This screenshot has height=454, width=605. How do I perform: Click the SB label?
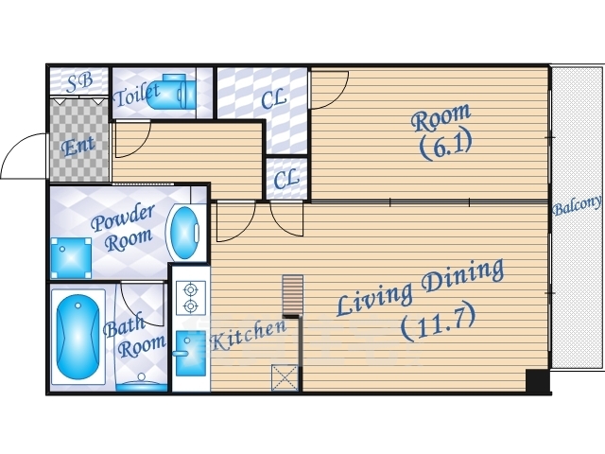79,82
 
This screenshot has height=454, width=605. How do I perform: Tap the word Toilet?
136,94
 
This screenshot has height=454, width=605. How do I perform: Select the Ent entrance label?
78,146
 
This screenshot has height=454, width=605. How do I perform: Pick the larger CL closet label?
273,98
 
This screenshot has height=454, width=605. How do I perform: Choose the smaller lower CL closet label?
285,179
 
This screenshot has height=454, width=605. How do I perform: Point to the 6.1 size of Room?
445,147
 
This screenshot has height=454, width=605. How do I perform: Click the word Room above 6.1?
441,117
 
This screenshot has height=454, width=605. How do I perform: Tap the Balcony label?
577,205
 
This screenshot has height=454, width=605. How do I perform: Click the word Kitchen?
249,335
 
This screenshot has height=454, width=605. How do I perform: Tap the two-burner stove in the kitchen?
191,298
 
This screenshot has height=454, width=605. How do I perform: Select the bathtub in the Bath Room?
78,337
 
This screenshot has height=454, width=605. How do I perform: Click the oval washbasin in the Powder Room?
184,234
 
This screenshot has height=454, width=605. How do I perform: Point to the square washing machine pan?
72,258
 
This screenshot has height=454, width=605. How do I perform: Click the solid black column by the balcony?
538,380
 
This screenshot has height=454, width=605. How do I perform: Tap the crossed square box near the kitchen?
285,377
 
